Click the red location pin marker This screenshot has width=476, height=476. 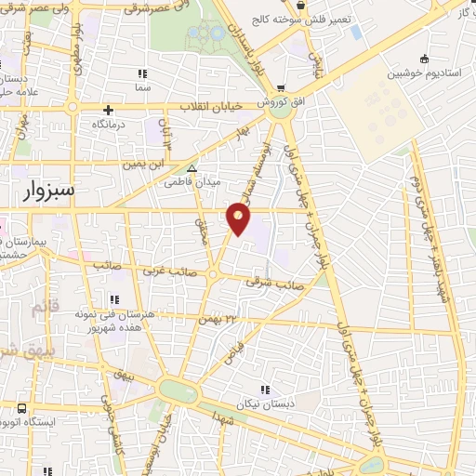click(238, 219)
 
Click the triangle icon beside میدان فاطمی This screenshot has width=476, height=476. click(192, 168)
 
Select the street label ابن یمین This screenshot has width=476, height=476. click(145, 164)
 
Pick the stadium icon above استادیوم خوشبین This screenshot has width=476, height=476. click(424, 58)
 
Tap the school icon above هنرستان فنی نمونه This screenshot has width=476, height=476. click(114, 299)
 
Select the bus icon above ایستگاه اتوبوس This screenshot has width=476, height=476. click(20, 407)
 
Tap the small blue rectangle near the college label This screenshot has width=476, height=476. click(356, 33)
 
